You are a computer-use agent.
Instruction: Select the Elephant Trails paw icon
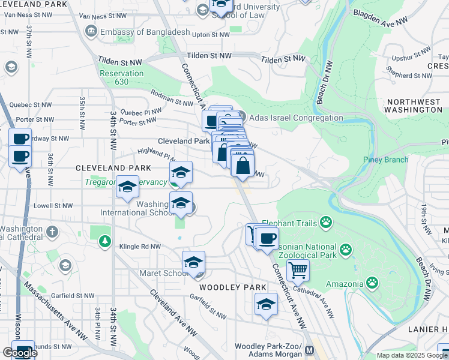point(326,223)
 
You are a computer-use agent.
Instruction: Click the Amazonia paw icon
point(372,282)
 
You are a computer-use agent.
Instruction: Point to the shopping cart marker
point(298,271)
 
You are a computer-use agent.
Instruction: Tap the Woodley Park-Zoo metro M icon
point(310,350)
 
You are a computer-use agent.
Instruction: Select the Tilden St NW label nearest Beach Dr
point(283,59)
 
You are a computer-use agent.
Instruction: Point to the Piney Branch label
point(385,160)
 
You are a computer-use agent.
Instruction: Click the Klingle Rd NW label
point(140,247)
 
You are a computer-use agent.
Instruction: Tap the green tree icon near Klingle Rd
point(105,241)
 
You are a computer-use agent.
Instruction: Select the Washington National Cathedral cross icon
point(52,231)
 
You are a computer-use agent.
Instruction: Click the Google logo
point(20,353)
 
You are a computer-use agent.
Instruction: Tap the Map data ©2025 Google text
point(412,355)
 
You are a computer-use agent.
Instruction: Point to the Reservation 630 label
point(122,77)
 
